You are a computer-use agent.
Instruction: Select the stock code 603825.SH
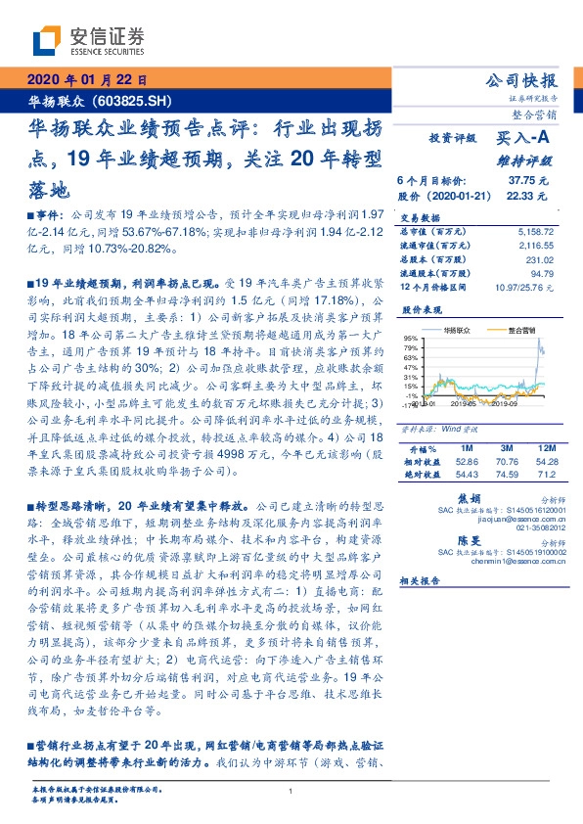click(137, 101)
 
